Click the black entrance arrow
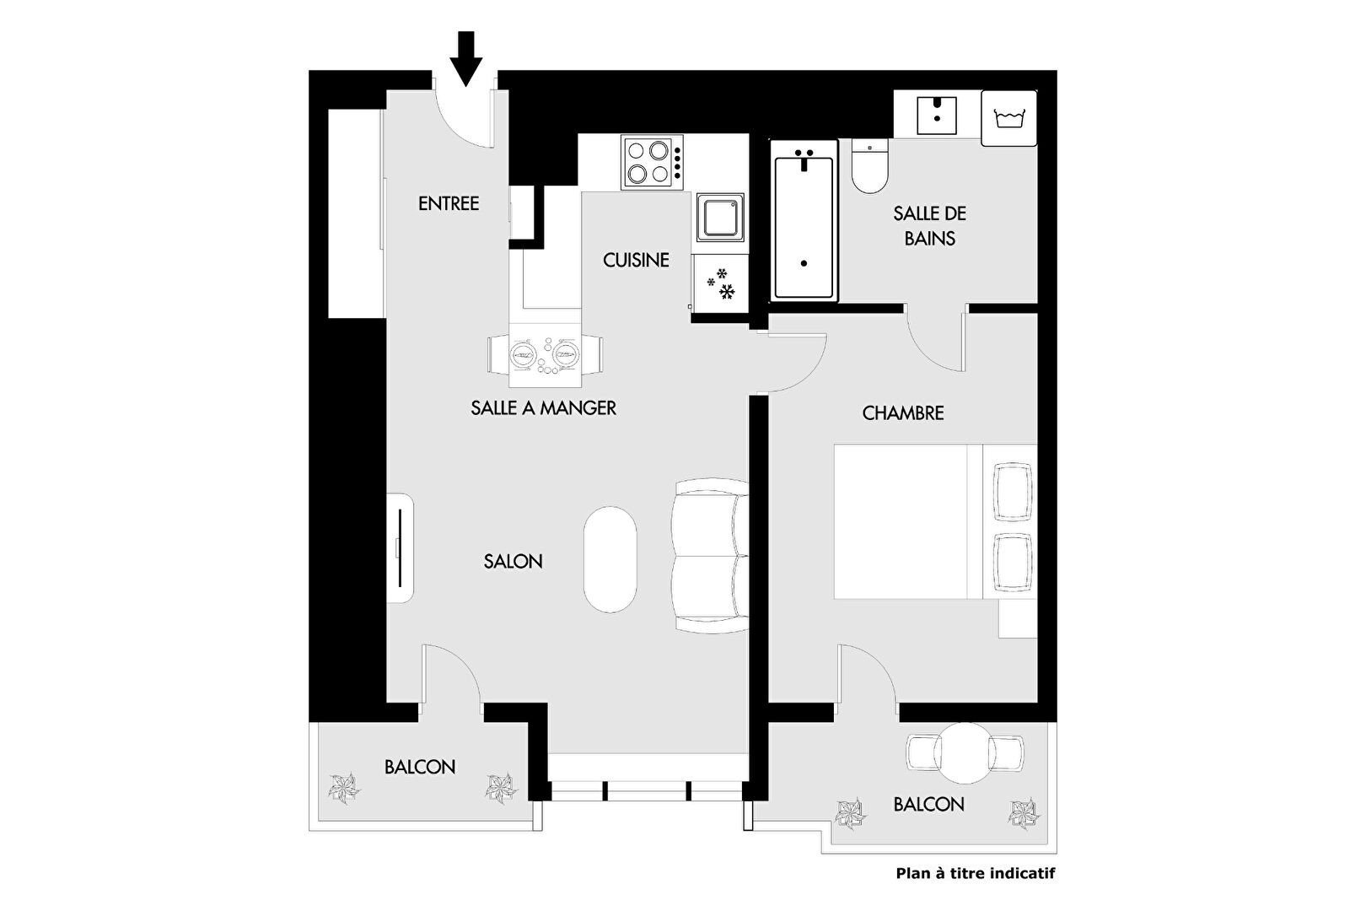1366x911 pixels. pos(466,58)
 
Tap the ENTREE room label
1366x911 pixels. pos(449,203)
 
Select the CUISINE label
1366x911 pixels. pos(636,260)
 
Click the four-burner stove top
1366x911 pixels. pos(652,162)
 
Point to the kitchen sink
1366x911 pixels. pos(720,218)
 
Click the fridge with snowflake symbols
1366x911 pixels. pos(720,284)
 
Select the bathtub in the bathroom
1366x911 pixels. pos(804,220)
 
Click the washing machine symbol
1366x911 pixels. pos(1009,118)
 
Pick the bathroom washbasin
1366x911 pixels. pos(937,116)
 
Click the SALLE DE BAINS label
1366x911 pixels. pos(929,226)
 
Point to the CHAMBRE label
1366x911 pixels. pos(902,413)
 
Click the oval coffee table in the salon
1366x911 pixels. pos(610,559)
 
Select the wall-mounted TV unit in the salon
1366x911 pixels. pos(400,548)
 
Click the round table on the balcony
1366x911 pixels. pos(964,753)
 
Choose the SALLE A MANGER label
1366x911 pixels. pos(543,407)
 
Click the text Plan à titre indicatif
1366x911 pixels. pos(975,873)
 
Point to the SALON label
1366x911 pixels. pos(513,562)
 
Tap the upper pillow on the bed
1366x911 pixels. pos(1013,492)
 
